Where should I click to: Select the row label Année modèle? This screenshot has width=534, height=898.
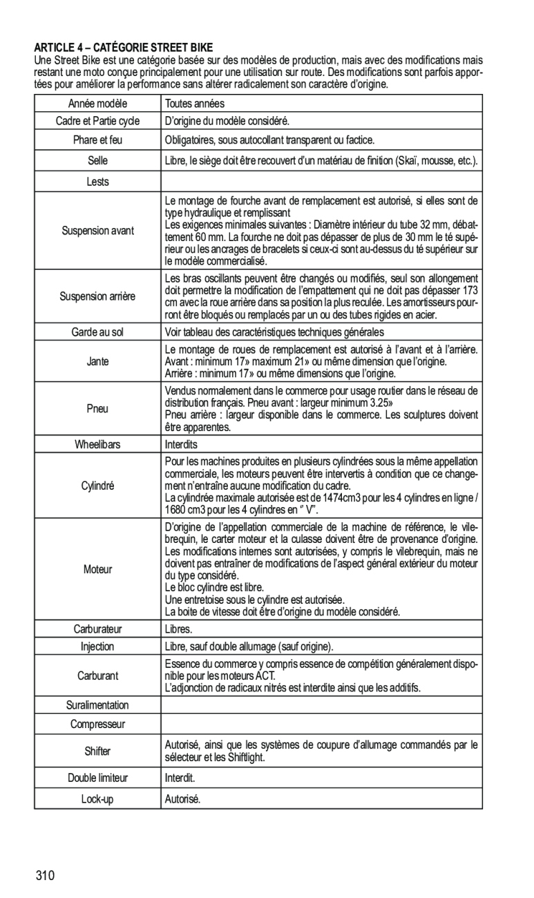[98, 104]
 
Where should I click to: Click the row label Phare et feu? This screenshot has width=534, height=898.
[98, 140]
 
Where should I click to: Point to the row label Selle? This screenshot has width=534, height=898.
[98, 160]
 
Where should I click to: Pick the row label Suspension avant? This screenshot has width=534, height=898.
[98, 230]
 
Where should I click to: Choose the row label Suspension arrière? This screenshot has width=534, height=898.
[98, 296]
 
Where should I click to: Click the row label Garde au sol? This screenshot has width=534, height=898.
[98, 332]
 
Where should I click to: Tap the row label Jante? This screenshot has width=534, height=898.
[98, 362]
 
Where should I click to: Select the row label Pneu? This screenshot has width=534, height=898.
[98, 408]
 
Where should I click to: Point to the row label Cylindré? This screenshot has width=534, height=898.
[98, 486]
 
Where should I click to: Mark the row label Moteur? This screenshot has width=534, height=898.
[98, 570]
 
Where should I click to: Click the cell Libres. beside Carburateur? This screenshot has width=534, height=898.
[178, 629]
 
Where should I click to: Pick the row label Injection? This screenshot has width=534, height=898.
[98, 647]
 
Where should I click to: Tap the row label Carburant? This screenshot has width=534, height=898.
[98, 676]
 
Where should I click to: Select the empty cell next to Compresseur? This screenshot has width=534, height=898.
[322, 724]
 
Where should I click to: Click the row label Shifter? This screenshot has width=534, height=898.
[98, 751]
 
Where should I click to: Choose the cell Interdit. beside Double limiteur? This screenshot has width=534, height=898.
[180, 778]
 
